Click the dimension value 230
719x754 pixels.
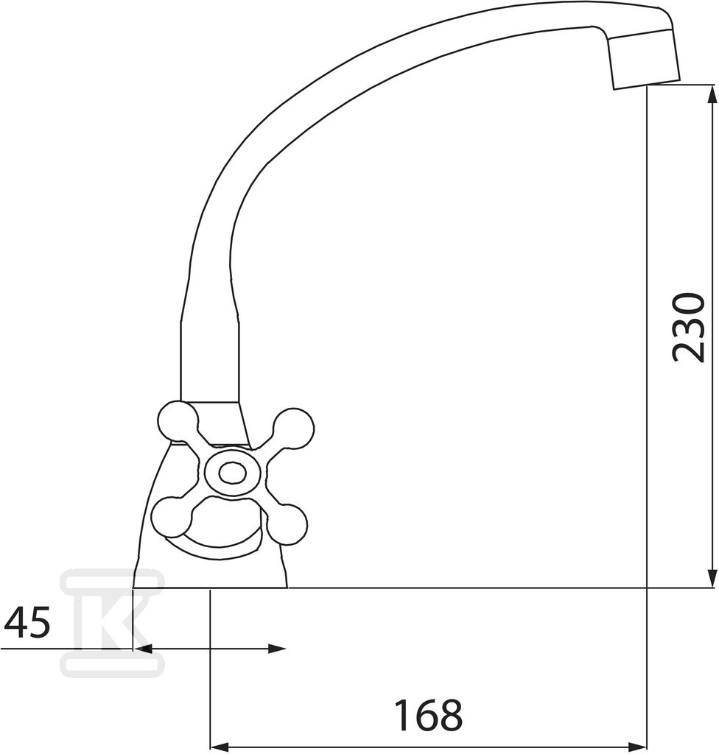[689, 327]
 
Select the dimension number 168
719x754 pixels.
[428, 715]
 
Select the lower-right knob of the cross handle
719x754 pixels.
[287, 524]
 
